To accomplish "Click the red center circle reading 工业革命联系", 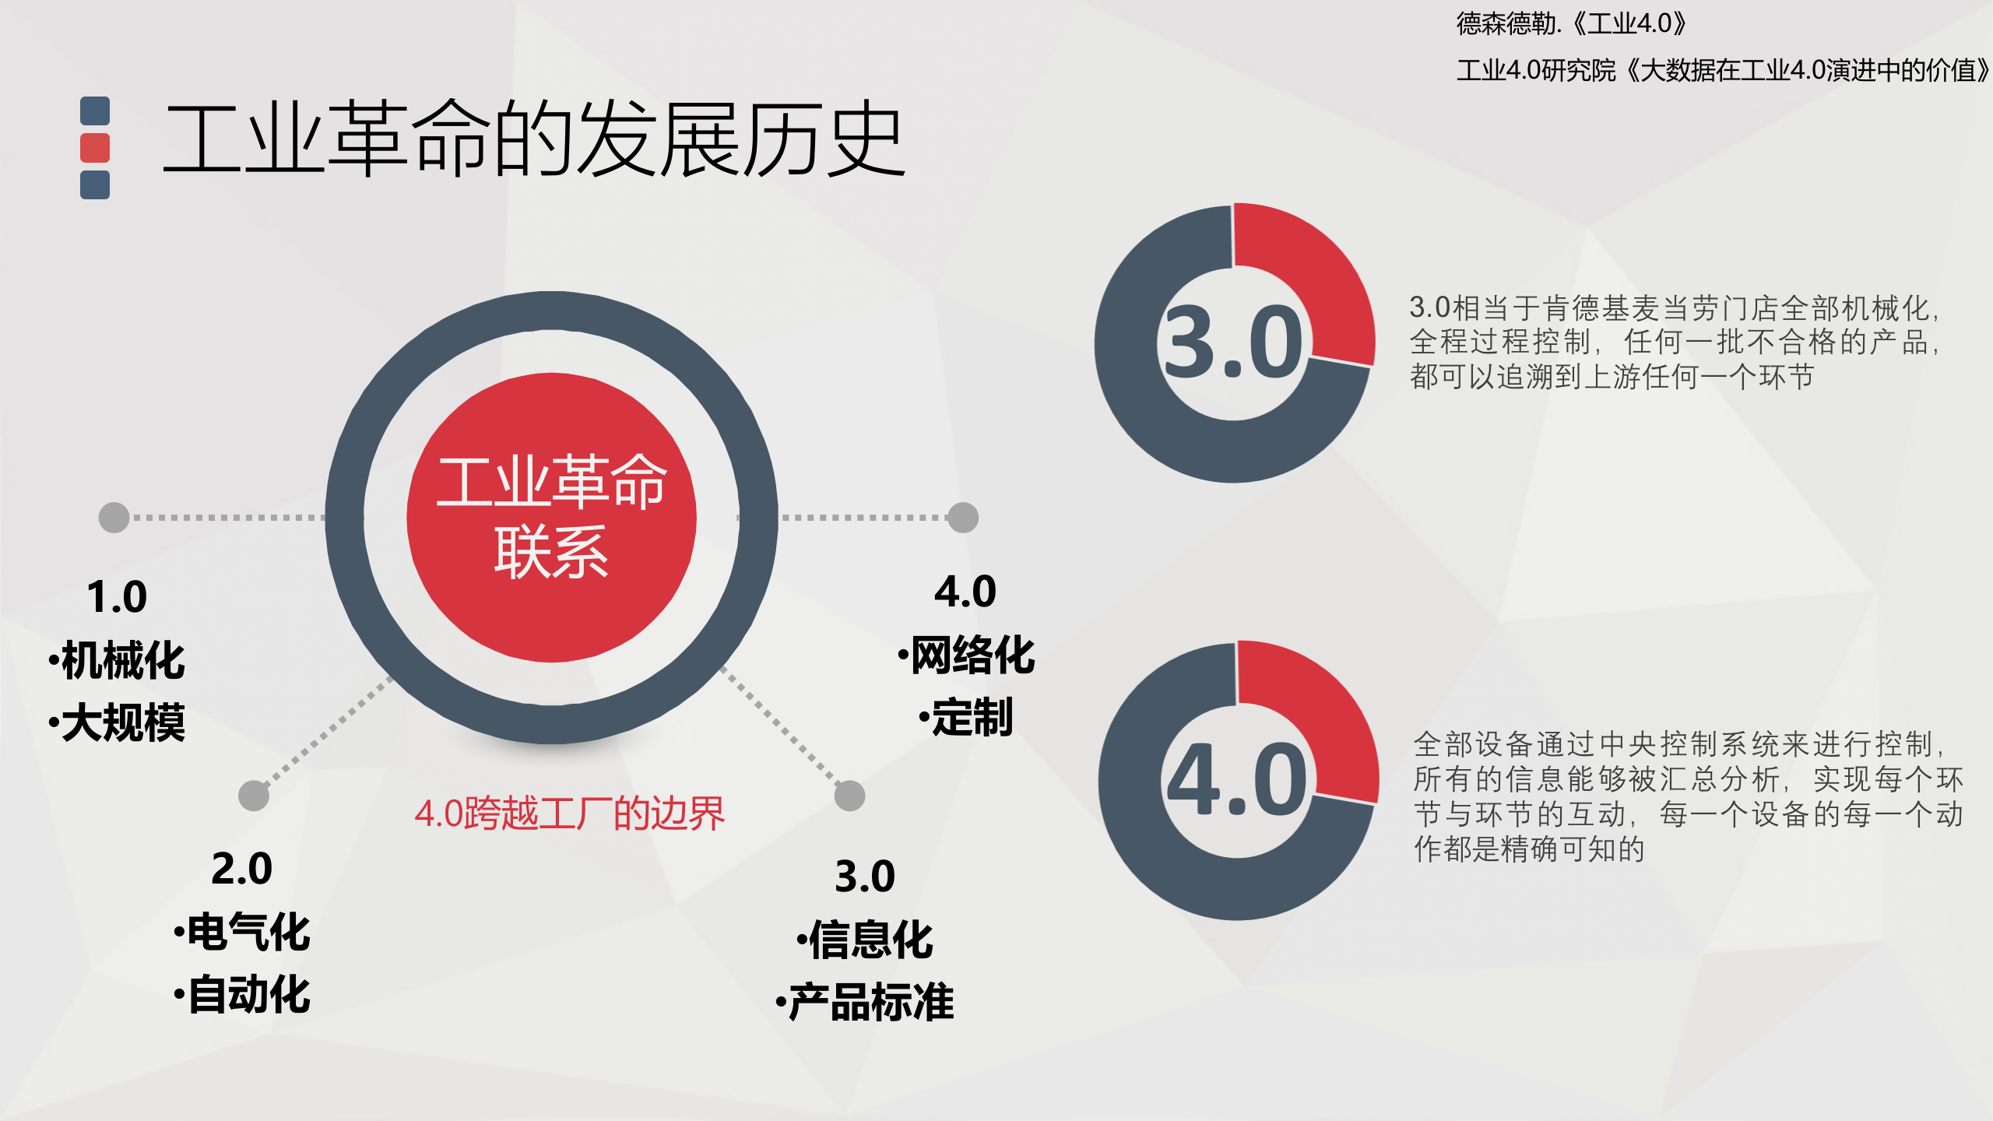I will click(x=551, y=518).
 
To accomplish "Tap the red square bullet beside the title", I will click(x=95, y=148).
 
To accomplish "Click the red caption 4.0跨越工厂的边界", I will click(x=570, y=814).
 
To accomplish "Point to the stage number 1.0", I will click(x=117, y=597).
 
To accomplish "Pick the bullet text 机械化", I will click(x=122, y=660).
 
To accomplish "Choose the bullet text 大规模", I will click(x=122, y=722).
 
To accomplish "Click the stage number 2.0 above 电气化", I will click(x=241, y=869).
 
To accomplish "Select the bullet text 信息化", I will click(x=870, y=940).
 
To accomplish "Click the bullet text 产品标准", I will click(x=870, y=1002).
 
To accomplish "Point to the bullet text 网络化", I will click(x=972, y=655).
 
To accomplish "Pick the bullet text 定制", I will click(x=972, y=717).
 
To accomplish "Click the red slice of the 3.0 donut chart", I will click(x=1316, y=272).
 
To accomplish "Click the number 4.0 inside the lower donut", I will click(x=1236, y=780).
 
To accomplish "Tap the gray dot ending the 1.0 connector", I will click(x=114, y=518).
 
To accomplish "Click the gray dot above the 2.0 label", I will click(x=254, y=796).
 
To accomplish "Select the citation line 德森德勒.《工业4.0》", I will click(x=1571, y=23).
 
